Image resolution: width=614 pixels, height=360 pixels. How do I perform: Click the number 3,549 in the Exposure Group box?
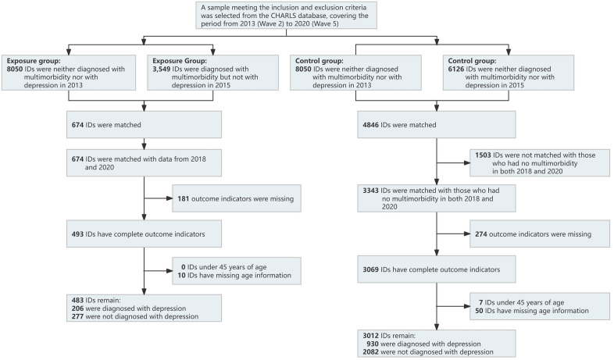point(162,69)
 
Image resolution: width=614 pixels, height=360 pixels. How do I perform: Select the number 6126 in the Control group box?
point(455,69)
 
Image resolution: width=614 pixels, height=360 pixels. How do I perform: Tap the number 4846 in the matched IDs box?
point(370,125)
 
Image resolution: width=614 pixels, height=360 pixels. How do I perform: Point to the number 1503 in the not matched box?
point(484,155)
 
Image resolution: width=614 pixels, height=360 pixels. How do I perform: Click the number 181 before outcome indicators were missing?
point(184,199)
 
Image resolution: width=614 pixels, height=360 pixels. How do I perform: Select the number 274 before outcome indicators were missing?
point(481,234)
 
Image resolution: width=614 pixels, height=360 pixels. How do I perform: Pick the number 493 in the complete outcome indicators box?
point(77,234)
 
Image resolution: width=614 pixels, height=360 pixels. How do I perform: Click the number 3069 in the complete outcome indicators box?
point(370,269)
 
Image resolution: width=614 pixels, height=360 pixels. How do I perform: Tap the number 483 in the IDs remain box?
point(77,300)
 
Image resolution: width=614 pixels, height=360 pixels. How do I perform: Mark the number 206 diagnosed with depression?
point(77,308)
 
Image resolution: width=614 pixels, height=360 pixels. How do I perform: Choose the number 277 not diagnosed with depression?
point(77,316)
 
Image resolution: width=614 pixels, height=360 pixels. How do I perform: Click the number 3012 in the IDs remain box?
point(370,335)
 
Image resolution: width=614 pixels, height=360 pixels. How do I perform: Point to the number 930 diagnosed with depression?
point(373,344)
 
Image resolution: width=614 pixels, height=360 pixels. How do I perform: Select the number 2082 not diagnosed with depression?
point(370,351)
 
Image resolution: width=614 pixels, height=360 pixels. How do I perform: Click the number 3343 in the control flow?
point(370,191)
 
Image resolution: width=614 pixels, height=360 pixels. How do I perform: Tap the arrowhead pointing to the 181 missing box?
point(170,198)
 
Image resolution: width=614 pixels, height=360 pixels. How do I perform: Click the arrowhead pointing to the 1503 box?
point(467,162)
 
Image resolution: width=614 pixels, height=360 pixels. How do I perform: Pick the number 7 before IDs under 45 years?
point(480,302)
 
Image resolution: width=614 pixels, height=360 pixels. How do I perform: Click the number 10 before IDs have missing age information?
point(181,275)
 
